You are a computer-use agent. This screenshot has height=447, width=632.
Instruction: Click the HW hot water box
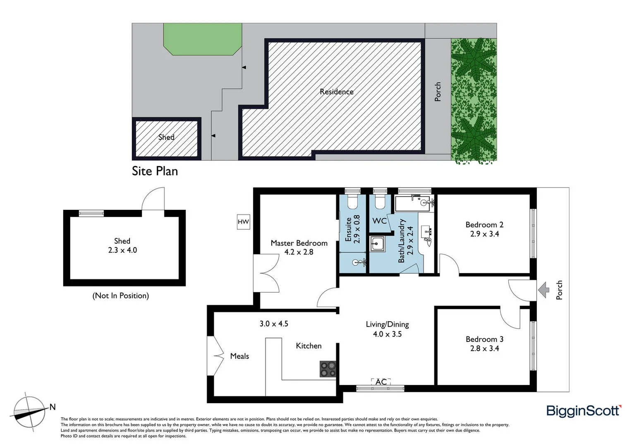point(243,222)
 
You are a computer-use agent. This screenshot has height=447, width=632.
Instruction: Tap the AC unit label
point(381,382)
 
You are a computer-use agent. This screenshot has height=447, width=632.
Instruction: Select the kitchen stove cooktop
point(328,369)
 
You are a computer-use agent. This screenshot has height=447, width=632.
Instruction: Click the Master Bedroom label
point(299,243)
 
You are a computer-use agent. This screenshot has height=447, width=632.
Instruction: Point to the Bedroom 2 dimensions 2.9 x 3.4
point(484,234)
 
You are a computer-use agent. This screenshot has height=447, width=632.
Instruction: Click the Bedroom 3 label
point(484,339)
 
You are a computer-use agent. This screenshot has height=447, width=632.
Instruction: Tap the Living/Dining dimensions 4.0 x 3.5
point(387,334)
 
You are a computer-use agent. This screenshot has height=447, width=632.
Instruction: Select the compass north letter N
point(53,407)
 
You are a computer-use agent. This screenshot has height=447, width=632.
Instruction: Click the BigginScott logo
point(584,411)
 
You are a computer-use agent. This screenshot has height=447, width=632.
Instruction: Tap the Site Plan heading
point(155,171)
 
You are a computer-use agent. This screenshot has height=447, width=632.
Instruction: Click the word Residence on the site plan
point(336,91)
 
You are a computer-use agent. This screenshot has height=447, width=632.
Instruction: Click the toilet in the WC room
point(380,202)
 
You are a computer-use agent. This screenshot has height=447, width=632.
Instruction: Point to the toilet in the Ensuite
point(352,202)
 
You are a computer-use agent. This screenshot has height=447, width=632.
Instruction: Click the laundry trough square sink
point(377,244)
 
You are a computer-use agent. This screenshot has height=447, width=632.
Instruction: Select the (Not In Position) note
point(120,296)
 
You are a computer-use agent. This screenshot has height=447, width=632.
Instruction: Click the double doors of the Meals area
point(215,356)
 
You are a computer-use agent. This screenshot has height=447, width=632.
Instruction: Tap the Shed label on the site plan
point(166,137)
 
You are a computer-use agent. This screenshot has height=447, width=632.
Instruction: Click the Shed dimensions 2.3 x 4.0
point(122,250)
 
